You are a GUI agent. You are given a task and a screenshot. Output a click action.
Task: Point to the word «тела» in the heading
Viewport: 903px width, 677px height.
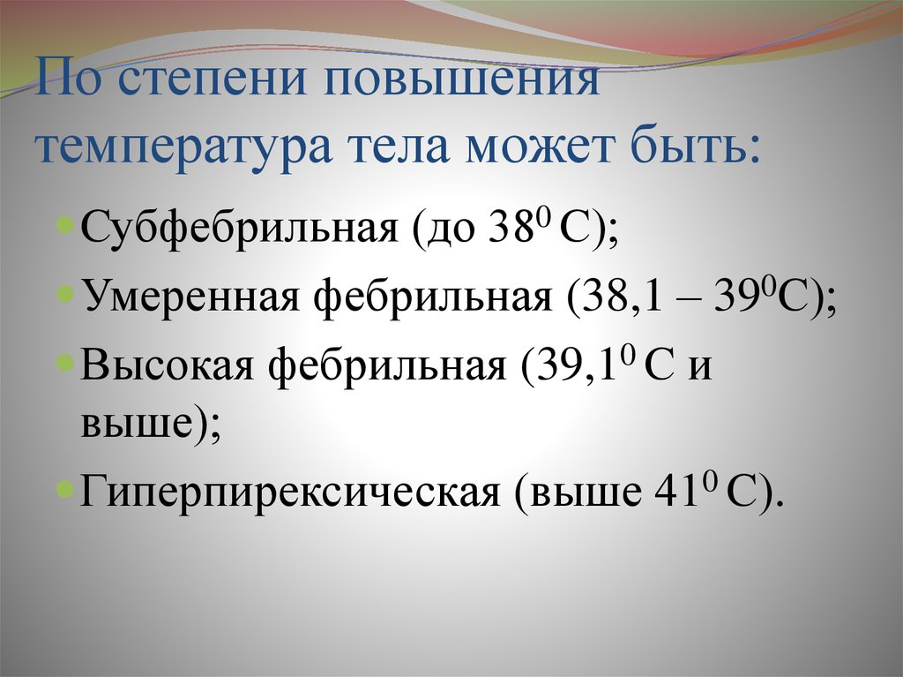399,147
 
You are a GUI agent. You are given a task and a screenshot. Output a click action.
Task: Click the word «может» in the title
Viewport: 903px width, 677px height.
539,147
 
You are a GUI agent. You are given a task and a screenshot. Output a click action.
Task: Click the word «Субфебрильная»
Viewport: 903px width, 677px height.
239,227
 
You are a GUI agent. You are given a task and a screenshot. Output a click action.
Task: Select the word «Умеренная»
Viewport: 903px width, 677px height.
190,298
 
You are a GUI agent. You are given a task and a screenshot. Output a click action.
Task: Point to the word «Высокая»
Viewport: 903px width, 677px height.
168,365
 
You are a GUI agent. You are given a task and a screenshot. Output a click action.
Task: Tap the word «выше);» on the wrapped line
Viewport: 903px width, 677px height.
150,425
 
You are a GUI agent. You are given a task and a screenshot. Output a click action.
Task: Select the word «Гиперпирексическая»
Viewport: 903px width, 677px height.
291,493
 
